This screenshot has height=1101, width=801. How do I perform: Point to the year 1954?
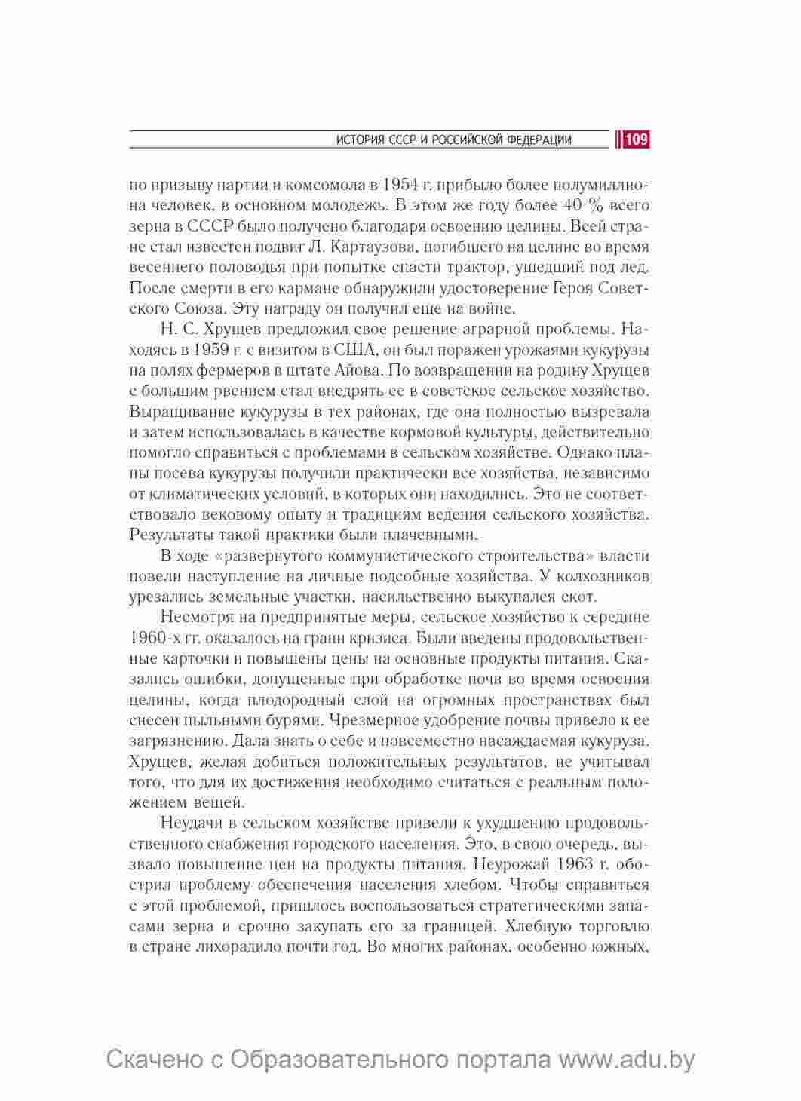tap(403, 185)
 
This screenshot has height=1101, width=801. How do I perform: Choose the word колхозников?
tap(600, 576)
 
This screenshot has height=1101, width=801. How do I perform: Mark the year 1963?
tap(584, 863)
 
